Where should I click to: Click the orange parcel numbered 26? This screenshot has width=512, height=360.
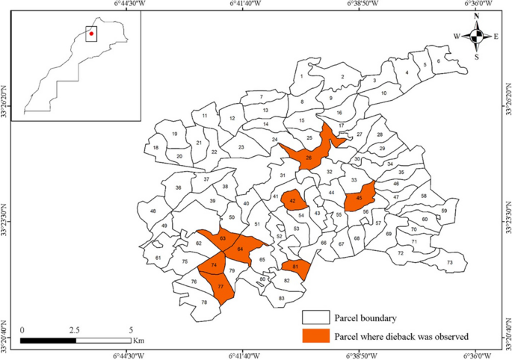[309, 157]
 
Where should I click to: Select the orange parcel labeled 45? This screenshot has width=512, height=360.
[360, 197]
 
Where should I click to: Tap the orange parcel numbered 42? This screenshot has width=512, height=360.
[294, 201]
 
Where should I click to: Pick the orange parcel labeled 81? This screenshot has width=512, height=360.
[296, 267]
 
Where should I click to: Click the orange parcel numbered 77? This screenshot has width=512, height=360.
[220, 287]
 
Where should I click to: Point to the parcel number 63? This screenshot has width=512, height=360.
[223, 238]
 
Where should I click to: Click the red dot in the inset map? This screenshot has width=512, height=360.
[91, 33]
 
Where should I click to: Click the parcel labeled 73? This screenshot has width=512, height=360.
[450, 262]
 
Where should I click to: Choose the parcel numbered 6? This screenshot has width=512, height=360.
[438, 61]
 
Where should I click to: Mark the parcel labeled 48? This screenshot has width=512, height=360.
[153, 211]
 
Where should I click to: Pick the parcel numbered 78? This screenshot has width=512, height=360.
[204, 302]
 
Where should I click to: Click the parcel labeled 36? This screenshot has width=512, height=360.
[179, 187]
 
